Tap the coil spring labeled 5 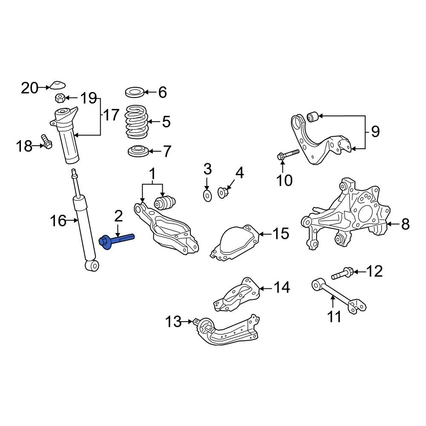tap(136, 121)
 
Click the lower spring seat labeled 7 tap(138, 151)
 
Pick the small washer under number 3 tap(207, 196)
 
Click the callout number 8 tap(405, 224)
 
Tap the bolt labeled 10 tap(288, 155)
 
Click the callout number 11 tap(334, 317)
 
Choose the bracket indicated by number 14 tap(236, 295)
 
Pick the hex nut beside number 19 tap(60, 99)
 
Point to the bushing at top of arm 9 tap(313, 115)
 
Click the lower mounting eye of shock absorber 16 tap(92, 265)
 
